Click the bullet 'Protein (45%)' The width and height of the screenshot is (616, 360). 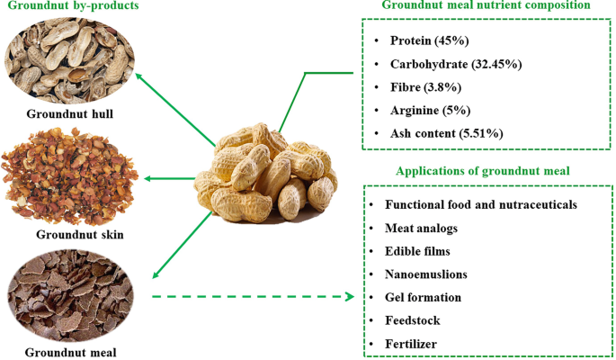click(x=429, y=41)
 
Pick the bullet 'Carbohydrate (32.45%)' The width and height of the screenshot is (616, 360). click(x=456, y=64)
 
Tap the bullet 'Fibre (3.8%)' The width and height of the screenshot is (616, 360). click(x=425, y=87)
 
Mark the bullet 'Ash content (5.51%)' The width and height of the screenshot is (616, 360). click(x=446, y=133)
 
